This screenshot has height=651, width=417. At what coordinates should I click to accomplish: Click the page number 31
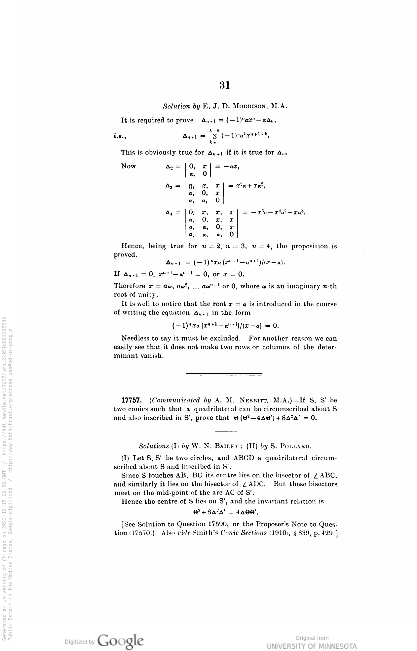(225, 85)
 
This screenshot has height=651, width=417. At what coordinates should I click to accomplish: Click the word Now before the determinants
(129, 166)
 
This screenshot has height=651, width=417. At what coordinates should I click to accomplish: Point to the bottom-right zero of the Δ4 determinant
(232, 234)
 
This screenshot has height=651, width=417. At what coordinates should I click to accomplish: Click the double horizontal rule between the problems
(224, 374)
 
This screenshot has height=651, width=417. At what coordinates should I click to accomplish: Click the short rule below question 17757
(226, 432)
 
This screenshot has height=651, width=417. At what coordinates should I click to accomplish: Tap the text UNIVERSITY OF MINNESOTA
(312, 646)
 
